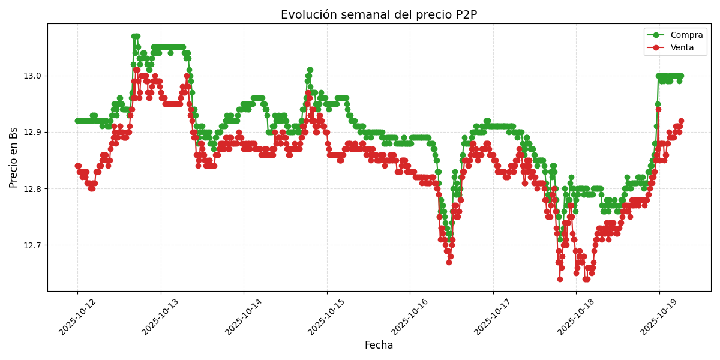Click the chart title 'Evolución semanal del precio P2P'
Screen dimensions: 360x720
tap(379, 15)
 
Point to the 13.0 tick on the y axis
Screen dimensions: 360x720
tap(33, 76)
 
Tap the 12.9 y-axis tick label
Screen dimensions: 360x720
tap(33, 132)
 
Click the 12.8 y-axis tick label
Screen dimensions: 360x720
tap(33, 188)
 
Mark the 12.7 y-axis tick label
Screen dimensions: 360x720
tap(33, 245)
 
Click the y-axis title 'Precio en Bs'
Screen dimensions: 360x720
tap(14, 157)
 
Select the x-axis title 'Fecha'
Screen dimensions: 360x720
tap(379, 345)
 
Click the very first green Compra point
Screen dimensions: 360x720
tap(77, 121)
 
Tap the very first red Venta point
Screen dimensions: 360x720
tap(77, 166)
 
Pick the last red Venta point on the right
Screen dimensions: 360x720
tap(681, 121)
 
